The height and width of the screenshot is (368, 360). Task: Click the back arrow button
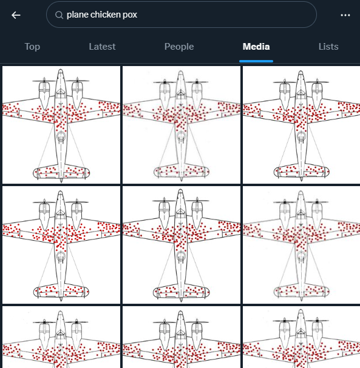(x=16, y=15)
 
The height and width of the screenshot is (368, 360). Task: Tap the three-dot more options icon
(x=345, y=15)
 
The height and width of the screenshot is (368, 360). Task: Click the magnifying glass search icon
(x=59, y=15)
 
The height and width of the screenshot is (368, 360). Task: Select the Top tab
(x=32, y=47)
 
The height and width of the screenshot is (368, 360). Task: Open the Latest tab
(x=103, y=47)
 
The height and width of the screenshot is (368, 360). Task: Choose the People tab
(x=179, y=47)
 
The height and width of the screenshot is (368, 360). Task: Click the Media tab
(x=256, y=47)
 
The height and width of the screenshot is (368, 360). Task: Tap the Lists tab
(x=328, y=47)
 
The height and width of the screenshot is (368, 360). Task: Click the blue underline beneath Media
(x=256, y=61)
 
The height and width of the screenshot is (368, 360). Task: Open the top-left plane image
(x=61, y=124)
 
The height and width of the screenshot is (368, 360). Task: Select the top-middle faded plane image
(x=182, y=124)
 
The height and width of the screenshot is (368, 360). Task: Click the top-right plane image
(x=301, y=124)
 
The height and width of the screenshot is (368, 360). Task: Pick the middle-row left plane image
(x=61, y=245)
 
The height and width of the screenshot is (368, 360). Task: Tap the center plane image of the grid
(x=182, y=245)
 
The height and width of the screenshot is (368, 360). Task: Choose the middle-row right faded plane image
(x=301, y=245)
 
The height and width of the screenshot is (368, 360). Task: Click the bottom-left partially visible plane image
(x=61, y=338)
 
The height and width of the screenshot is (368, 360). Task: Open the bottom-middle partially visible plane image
(x=182, y=338)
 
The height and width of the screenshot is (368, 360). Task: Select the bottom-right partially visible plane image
(x=301, y=338)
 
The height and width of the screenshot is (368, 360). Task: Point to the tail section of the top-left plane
(x=61, y=172)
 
